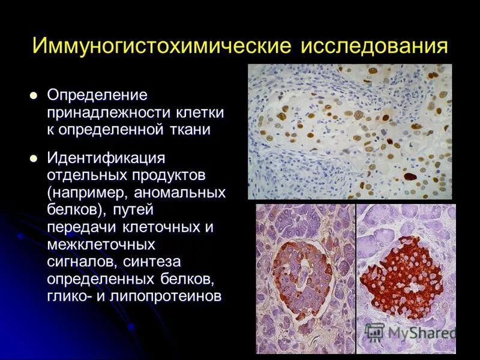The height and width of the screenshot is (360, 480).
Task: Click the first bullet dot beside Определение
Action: [x=34, y=95]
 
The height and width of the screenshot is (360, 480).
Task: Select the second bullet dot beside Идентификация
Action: [x=34, y=158]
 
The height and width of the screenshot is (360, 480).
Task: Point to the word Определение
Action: [x=98, y=95]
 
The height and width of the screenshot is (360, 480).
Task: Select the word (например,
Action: [x=88, y=193]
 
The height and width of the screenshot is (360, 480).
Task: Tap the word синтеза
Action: [x=158, y=262]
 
